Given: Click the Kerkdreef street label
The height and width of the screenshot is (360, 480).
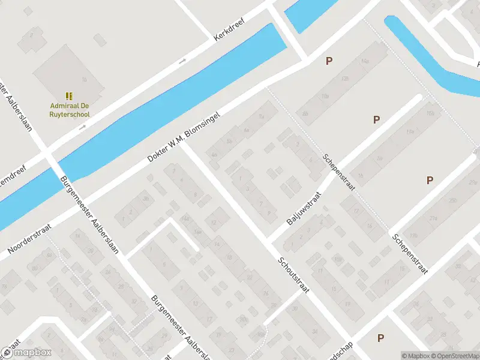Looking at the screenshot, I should pos(231,28).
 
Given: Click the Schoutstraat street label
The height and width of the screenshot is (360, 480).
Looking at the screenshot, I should pos(293,275).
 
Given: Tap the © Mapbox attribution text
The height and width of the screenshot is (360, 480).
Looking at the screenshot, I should pos(416,356).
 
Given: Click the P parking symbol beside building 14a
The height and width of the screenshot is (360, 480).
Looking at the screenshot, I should pos(328,61).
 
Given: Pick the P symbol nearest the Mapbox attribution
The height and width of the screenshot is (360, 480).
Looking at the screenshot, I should pos(380,338).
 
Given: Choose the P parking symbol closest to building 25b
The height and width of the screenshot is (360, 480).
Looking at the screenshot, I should pos(430,180).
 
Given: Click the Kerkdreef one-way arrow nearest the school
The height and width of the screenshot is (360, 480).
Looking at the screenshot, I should pos(83,127).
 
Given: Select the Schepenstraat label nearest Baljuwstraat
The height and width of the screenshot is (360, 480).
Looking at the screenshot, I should pos(340,171).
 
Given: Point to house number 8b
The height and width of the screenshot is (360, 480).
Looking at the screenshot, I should pos(305,113).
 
